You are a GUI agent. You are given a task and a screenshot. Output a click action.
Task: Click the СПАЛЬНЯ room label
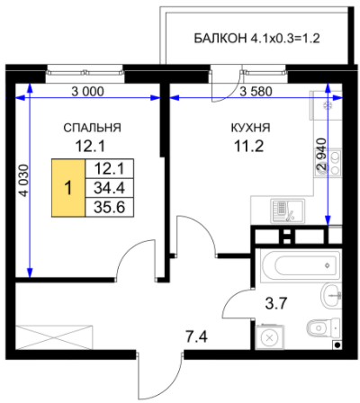pyautogui.click(x=92, y=128)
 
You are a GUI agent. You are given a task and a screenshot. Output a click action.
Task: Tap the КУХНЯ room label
pyautogui.click(x=250, y=128)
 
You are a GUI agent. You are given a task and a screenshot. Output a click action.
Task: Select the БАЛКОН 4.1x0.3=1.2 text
pyautogui.click(x=256, y=39)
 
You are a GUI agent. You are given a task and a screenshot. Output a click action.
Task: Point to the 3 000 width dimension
pyautogui.click(x=87, y=92)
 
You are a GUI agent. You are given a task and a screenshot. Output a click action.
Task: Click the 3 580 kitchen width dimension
pyautogui.click(x=256, y=92)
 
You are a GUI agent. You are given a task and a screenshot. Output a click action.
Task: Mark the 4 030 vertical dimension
pyautogui.click(x=24, y=181)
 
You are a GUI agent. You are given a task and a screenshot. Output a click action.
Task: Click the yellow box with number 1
pyautogui.click(x=68, y=188)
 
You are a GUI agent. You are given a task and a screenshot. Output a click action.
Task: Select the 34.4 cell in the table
pyautogui.click(x=109, y=188)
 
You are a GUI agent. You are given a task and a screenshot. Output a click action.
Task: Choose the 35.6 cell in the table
pyautogui.click(x=109, y=207)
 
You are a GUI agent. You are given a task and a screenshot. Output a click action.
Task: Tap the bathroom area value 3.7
pyautogui.click(x=276, y=303)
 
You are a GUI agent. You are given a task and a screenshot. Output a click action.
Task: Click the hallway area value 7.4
pyautogui.click(x=196, y=338)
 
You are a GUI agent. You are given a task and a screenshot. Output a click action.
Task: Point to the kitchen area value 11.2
pyautogui.click(x=248, y=147)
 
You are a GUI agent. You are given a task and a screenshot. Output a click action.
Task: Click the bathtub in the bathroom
pyautogui.click(x=301, y=265)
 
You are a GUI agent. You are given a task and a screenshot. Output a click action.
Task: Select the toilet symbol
pyautogui.click(x=323, y=328)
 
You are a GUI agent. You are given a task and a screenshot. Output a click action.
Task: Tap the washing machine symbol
pyautogui.click(x=269, y=337)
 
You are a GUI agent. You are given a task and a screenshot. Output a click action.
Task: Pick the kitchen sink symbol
pyautogui.click(x=288, y=211)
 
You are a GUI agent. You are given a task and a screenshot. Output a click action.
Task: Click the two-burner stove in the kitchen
pyautogui.click(x=336, y=163)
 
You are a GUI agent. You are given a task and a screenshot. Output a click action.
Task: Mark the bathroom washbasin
pyautogui.click(x=331, y=296)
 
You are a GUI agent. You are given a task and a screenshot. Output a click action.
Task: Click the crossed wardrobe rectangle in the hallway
pyautogui.click(x=54, y=337)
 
